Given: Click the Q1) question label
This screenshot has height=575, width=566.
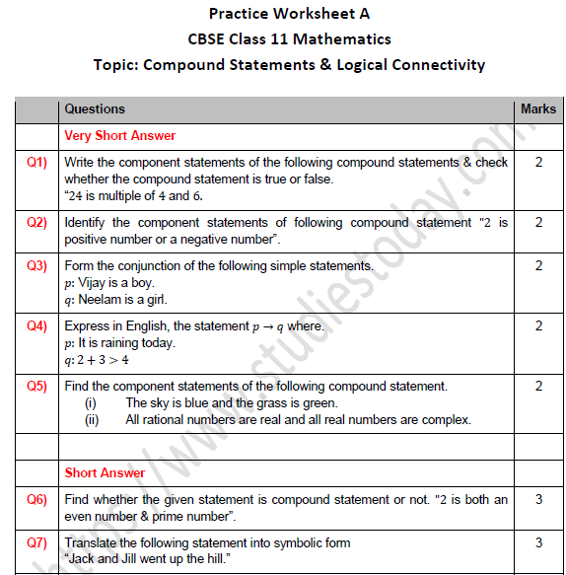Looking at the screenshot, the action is [36, 162].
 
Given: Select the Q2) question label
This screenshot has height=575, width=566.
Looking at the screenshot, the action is [36, 222].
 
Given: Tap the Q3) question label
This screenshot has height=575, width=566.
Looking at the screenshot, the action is [36, 265].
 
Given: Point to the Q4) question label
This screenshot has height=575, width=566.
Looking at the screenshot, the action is [36, 325].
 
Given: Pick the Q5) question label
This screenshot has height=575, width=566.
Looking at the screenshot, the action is [36, 386].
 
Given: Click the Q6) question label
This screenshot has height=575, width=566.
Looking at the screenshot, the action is [36, 499].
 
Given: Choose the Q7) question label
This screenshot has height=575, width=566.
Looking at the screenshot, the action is [36, 542].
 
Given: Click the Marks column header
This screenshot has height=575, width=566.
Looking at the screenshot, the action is [537, 108].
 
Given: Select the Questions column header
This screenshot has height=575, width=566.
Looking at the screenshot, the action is [95, 108].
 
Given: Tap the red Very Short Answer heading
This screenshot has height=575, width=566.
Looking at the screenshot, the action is [119, 135].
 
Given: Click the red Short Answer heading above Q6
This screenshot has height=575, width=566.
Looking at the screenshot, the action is [105, 472].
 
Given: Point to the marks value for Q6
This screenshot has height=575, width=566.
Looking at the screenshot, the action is [538, 499].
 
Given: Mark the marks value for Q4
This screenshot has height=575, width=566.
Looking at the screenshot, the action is [538, 325].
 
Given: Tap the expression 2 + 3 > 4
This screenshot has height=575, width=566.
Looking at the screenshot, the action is [103, 360].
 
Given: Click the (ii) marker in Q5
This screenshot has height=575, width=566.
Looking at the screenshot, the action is [91, 420].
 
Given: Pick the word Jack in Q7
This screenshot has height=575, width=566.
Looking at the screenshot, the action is [82, 560].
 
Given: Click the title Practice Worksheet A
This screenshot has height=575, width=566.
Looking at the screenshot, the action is [289, 14].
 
